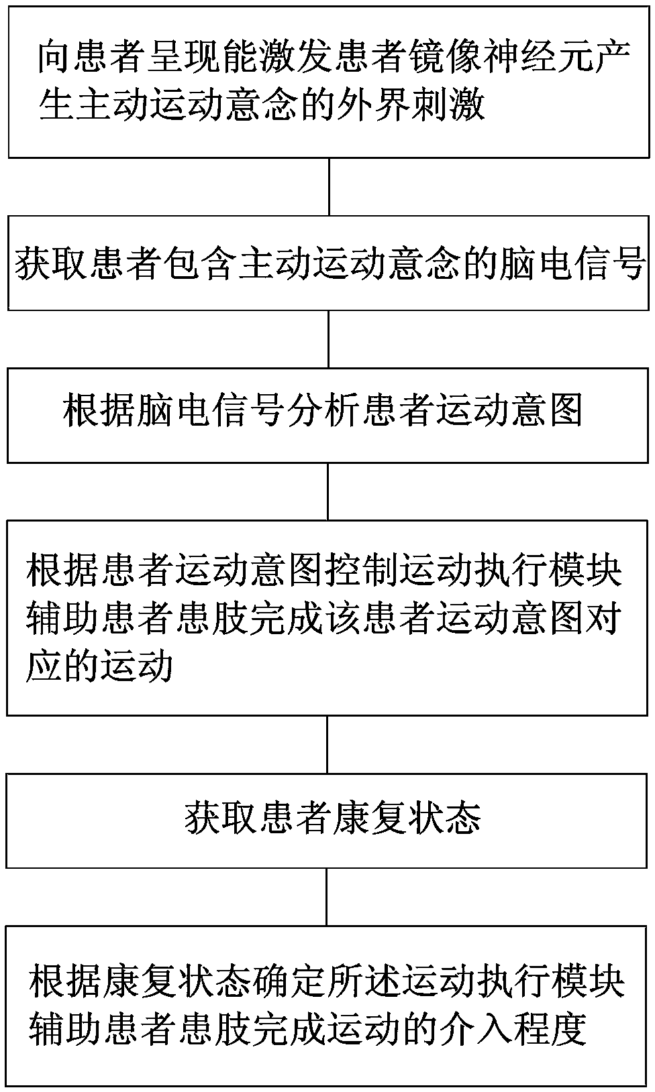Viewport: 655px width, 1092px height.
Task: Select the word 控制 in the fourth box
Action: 361,570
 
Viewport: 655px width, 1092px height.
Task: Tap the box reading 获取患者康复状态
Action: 327,820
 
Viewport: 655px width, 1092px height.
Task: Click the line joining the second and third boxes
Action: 328,339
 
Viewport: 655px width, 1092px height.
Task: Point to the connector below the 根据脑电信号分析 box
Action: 328,491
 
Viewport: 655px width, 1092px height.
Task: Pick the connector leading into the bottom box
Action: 327,897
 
